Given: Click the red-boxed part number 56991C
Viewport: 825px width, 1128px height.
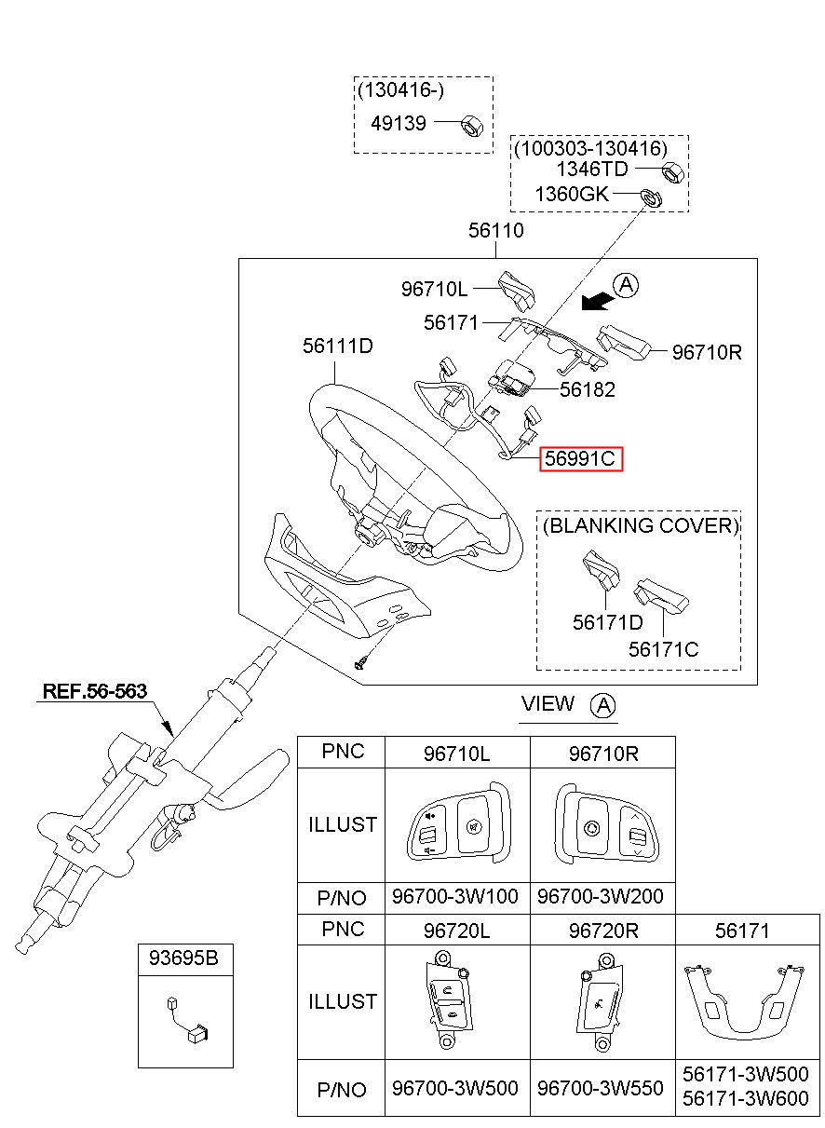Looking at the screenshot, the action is click(580, 459).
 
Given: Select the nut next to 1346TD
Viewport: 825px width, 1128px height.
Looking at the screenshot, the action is click(673, 172).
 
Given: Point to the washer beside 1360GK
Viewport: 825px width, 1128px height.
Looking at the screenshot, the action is click(651, 197).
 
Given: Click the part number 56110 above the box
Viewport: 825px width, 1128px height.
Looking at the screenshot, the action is click(495, 230).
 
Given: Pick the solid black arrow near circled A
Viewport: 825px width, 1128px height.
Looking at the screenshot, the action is click(598, 302).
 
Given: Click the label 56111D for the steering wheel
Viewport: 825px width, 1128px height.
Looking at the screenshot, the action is click(337, 346).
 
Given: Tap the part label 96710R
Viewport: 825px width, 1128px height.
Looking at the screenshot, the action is click(707, 352).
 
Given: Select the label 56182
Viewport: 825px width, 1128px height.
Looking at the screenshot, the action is click(588, 389).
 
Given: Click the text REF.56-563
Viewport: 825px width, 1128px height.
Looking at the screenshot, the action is click(95, 690).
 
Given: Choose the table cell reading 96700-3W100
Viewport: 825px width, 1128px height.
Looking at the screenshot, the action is click(455, 896).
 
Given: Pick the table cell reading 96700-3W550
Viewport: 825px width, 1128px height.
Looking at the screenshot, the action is click(600, 1088).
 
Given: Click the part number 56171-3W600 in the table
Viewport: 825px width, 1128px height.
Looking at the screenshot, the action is click(746, 1098).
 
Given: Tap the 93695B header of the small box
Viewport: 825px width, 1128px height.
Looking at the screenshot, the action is click(183, 958).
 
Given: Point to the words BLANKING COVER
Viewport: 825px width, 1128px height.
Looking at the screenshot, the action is click(641, 525).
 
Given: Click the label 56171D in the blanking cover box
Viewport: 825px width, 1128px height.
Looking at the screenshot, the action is click(607, 622).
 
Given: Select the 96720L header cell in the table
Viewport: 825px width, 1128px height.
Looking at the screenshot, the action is click(456, 931).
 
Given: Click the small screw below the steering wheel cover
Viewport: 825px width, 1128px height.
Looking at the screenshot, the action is click(362, 660).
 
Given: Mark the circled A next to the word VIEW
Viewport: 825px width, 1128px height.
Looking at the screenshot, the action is click(603, 704).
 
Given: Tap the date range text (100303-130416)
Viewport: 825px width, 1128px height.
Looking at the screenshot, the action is click(590, 148).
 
